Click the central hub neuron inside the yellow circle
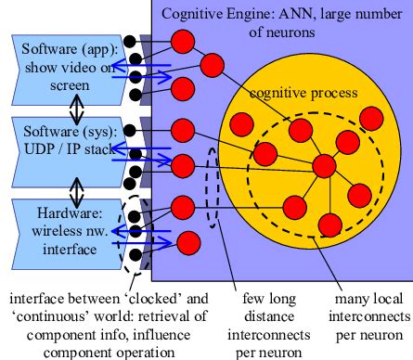click(x=324, y=165)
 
